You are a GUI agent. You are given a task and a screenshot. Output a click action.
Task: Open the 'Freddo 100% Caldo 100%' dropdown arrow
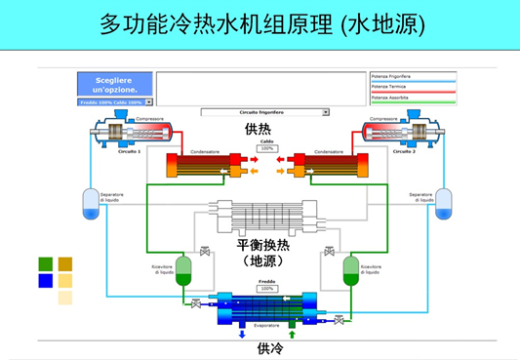point(149,101)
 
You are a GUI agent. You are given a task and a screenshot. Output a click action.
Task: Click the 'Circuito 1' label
point(130,151)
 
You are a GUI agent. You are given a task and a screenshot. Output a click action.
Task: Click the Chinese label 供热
point(258,129)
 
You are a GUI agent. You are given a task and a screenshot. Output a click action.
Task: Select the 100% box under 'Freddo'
point(266,289)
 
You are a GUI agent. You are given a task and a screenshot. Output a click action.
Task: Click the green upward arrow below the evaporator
point(291,335)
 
